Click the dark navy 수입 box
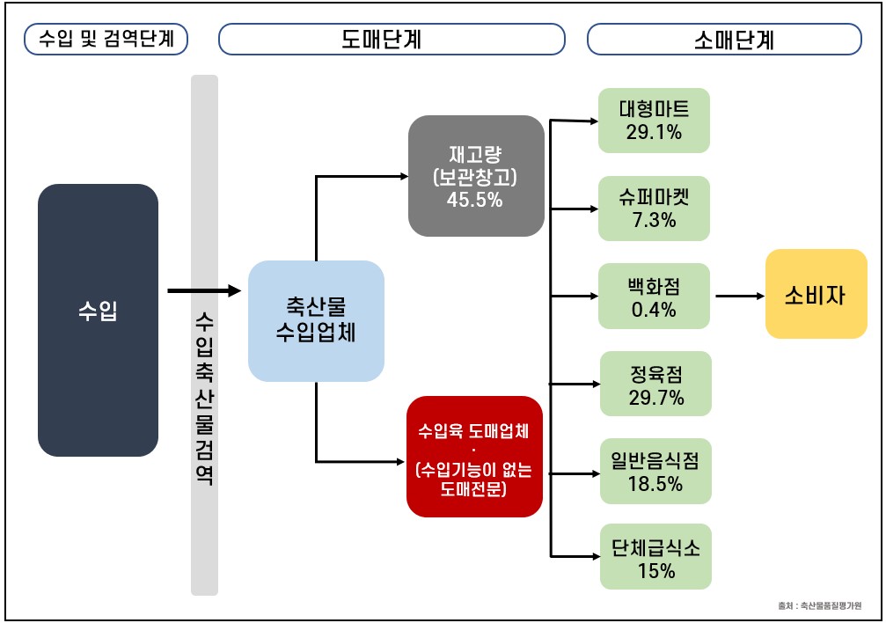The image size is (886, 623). tap(98, 320)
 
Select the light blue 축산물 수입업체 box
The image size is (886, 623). tap(316, 320)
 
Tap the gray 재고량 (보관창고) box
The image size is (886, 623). tap(476, 176)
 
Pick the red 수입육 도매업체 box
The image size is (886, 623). tap(474, 456)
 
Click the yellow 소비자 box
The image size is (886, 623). tap(816, 294)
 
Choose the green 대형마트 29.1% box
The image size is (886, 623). tap(654, 121)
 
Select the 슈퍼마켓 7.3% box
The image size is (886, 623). tap(654, 209)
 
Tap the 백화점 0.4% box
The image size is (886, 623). tap(654, 296)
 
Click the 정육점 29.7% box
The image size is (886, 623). tap(655, 384)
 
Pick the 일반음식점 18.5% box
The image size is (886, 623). tap(655, 471)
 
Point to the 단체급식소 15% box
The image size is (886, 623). tap(655, 557)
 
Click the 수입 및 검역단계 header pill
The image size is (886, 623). tap(106, 39)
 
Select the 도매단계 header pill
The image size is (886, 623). tap(392, 39)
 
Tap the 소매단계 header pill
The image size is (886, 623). tap(724, 39)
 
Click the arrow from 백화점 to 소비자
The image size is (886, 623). tap(740, 296)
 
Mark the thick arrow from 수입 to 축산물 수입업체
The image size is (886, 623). tap(204, 291)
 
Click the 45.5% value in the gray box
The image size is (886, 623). tap(474, 200)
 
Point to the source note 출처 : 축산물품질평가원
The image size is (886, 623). tap(820, 606)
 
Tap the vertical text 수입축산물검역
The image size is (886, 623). tap(204, 398)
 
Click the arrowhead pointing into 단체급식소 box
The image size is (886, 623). tap(597, 557)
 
